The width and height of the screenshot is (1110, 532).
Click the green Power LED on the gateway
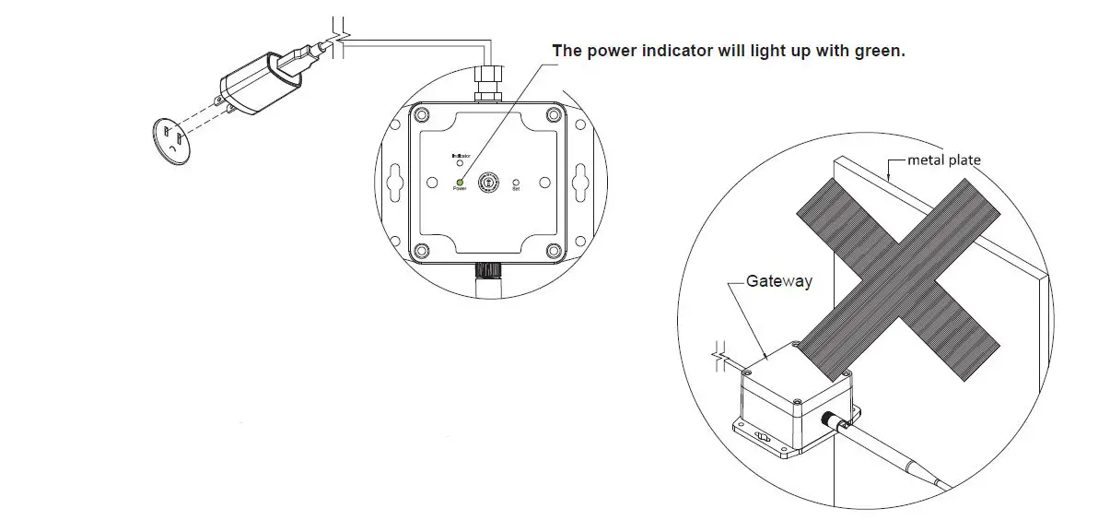pyautogui.click(x=459, y=181)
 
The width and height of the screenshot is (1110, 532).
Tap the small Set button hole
pyautogui.click(x=516, y=182)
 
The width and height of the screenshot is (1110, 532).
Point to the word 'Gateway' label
pyautogui.click(x=778, y=280)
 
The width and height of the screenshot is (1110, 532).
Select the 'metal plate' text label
pyautogui.click(x=944, y=160)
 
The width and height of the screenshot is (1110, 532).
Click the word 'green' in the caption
pyautogui.click(x=878, y=51)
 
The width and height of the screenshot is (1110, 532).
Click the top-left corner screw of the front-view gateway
pyautogui.click(x=421, y=114)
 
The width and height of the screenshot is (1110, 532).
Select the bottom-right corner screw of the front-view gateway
pyautogui.click(x=553, y=250)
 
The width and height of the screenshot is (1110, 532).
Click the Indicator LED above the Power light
pyautogui.click(x=460, y=163)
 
